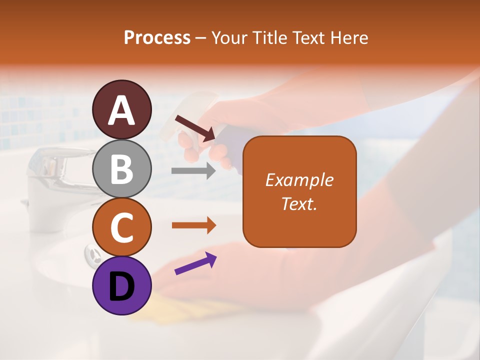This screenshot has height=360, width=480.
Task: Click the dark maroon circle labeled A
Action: point(122,109)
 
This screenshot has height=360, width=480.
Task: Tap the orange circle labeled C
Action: point(122,227)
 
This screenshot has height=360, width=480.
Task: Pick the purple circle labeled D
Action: point(122,285)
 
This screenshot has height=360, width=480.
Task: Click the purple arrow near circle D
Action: point(195,263)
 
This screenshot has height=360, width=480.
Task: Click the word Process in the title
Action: point(157,38)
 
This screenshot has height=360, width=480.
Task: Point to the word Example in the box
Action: point(299,180)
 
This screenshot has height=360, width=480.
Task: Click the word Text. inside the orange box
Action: point(299,203)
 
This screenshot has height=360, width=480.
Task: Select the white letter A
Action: point(122,110)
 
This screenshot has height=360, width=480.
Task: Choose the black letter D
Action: point(122,286)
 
